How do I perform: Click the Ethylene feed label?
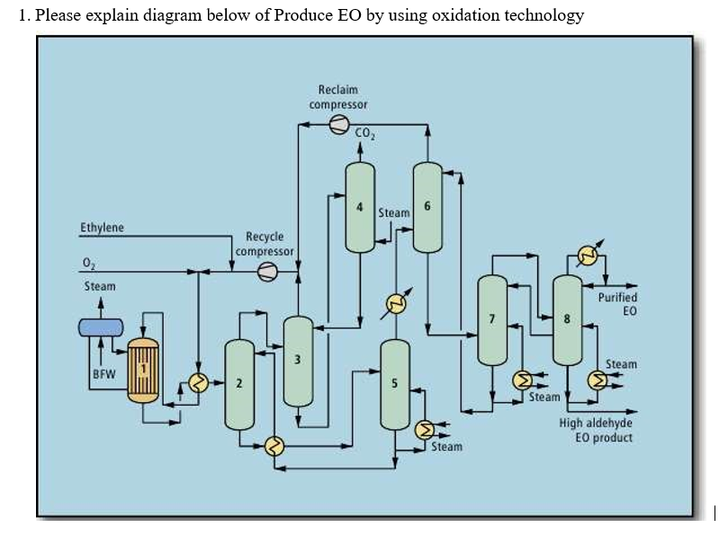tap(103, 228)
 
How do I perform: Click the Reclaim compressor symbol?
tap(338, 126)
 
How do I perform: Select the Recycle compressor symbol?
tap(267, 272)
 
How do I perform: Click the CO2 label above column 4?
tap(364, 136)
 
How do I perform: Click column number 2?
tap(238, 384)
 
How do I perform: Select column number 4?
tap(360, 209)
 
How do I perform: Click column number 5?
tap(394, 384)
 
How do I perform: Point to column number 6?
tap(427, 209)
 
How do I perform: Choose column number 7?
tap(491, 319)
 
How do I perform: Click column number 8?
tap(567, 319)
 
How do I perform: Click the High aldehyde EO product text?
tap(596, 430)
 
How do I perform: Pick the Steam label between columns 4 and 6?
tap(393, 213)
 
